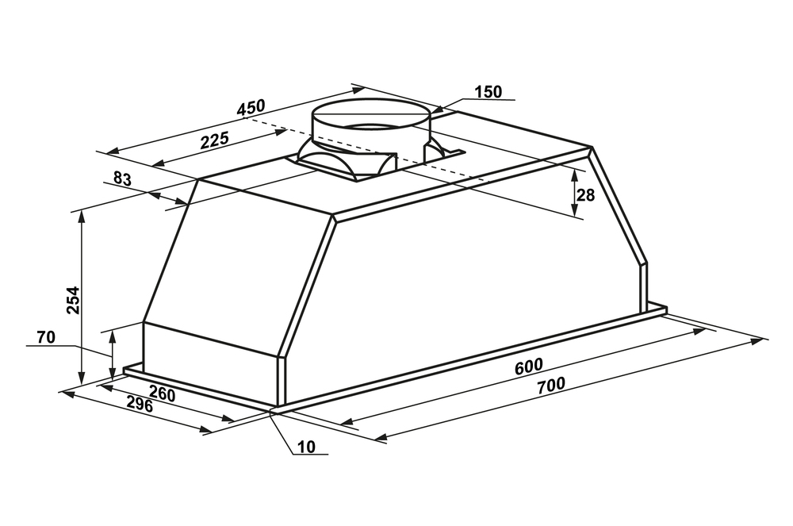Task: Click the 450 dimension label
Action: pos(251,108)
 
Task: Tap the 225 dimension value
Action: pos(215,140)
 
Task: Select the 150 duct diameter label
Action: pos(488,92)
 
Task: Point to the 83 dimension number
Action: pos(122,179)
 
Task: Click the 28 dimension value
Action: pos(586,195)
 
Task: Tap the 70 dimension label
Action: pos(46,337)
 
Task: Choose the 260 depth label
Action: pos(163,394)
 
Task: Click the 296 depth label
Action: pos(139,405)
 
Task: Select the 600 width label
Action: pos(528,367)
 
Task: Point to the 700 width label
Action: pos(551,386)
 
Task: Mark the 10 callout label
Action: pos(306,447)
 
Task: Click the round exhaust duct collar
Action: pos(370,126)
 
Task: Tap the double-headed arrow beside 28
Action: pos(574,194)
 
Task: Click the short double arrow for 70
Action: pos(113,354)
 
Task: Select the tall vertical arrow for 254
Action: pos(81,298)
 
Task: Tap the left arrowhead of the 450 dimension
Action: pos(113,151)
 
